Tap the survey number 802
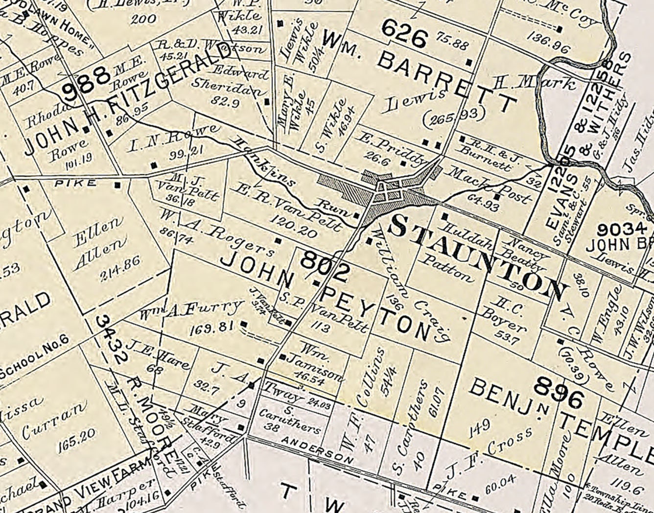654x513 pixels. click(x=326, y=265)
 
